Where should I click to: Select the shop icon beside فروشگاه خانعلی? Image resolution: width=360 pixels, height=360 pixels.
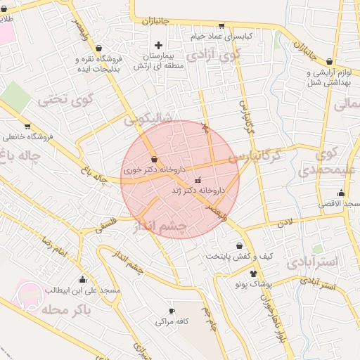click(x=27, y=127)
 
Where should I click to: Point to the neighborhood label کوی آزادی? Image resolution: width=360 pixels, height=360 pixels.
click(x=217, y=53)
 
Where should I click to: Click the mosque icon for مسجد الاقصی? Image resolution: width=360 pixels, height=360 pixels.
click(x=342, y=193)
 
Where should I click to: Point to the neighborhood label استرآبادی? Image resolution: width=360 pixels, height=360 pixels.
click(x=312, y=262)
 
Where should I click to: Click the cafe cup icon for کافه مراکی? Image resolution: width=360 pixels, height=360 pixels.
click(x=171, y=311)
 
